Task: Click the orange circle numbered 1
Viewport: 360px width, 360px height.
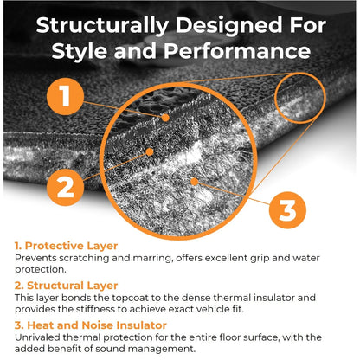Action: point(65,96)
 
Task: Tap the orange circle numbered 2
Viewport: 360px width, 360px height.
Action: point(65,187)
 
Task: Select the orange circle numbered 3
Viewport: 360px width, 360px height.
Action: point(287,210)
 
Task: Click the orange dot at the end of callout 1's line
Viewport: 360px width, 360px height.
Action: point(165,118)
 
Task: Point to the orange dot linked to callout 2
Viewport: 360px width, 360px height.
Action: point(150,152)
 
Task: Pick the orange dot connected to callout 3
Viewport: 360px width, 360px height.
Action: point(195,182)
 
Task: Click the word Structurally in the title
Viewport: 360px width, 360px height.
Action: point(102,26)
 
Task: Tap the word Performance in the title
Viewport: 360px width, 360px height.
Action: point(237,51)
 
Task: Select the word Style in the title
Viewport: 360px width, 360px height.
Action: point(80,52)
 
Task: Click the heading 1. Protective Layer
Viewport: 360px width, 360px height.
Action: point(67,246)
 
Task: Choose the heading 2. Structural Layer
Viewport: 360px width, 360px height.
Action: point(67,286)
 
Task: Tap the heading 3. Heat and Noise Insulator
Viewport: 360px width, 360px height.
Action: point(91,325)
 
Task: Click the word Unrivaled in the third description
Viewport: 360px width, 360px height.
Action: point(37,337)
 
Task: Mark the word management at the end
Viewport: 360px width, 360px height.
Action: point(162,350)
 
